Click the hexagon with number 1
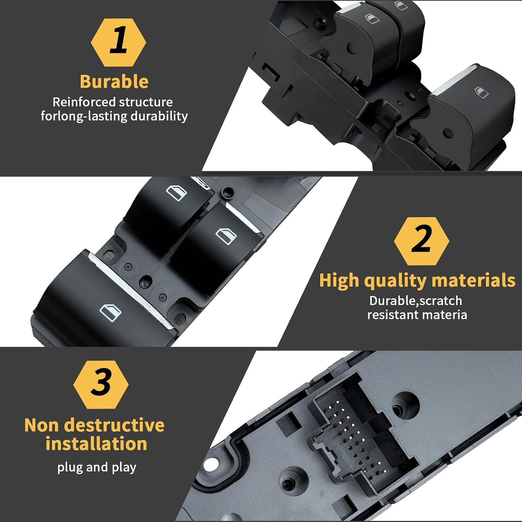pos(118,42)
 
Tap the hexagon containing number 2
pos(421,241)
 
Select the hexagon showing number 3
pos(101,385)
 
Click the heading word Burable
pos(114,82)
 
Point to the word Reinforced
pos(84,102)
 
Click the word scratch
pos(441,301)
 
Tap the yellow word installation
pos(96,444)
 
